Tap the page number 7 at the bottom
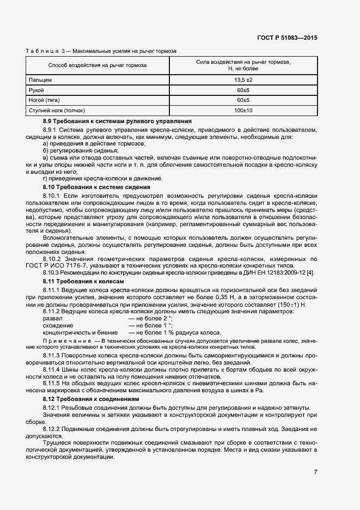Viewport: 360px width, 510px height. (x=315, y=472)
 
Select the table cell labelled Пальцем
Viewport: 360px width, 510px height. (x=40, y=80)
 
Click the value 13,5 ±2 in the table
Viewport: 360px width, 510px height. (x=243, y=80)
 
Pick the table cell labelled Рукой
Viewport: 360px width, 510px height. (x=36, y=90)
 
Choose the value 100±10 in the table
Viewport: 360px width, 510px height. (x=243, y=111)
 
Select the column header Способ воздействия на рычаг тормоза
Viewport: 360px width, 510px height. (x=97, y=65)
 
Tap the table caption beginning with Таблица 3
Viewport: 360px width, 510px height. (x=101, y=51)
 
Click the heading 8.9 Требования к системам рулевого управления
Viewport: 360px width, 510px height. (x=117, y=120)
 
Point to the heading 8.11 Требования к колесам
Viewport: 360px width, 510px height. (x=83, y=281)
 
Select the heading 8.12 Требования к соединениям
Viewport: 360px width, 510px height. (x=90, y=399)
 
